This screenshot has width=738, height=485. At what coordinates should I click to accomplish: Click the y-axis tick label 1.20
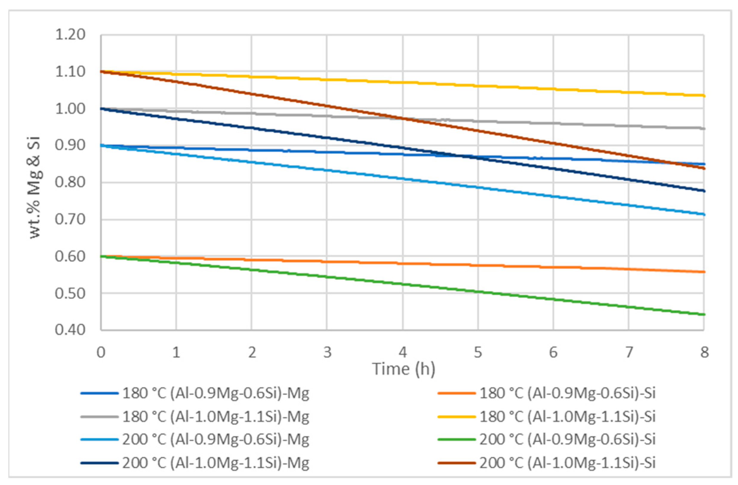70,35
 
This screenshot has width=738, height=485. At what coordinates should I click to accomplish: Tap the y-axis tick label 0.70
70,220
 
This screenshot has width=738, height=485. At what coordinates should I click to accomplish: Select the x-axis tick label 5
478,352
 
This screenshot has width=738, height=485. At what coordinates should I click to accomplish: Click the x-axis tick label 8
705,352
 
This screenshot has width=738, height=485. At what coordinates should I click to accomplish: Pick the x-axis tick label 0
101,352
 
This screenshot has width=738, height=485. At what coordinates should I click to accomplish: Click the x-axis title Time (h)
403,369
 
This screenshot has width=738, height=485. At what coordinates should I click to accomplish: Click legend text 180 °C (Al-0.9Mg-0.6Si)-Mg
216,393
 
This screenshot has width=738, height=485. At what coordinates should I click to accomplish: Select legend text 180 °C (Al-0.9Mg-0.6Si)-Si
568,393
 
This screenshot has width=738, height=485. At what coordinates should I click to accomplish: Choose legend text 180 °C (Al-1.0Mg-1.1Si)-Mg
216,416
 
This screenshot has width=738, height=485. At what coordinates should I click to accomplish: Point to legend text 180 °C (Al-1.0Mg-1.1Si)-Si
568,416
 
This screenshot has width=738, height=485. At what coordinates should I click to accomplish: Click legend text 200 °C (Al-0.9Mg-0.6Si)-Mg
216,439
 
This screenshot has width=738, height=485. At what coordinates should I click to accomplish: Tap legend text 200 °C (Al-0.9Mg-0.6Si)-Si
568,439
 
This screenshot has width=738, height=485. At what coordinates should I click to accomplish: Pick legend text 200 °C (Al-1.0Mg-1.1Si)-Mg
216,463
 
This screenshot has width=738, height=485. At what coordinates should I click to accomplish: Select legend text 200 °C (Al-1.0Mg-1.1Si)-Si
568,463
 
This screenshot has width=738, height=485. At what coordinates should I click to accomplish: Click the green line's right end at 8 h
704,315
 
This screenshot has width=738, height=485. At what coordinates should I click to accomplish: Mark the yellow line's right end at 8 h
704,96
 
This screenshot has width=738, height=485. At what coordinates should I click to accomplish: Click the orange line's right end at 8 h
704,272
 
